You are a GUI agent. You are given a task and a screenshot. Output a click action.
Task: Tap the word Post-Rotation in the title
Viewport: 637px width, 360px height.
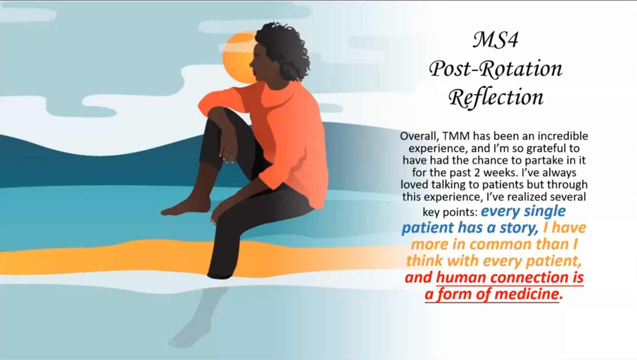pyautogui.click(x=496, y=69)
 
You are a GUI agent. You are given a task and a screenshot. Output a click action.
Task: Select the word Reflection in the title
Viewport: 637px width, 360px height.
pyautogui.click(x=496, y=98)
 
